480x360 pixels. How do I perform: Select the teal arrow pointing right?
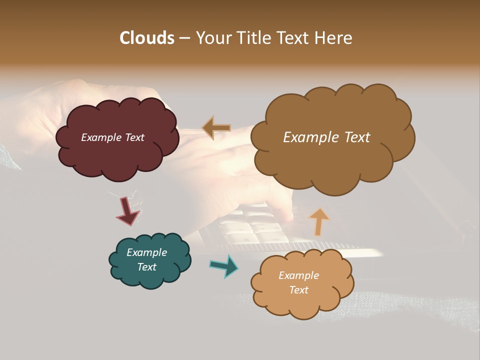pyautogui.click(x=224, y=266)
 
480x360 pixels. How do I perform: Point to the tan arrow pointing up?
pyautogui.click(x=319, y=221)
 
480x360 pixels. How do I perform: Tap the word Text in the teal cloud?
pyautogui.click(x=147, y=267)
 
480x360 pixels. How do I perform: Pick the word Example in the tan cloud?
pyautogui.click(x=298, y=275)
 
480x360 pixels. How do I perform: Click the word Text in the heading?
pyautogui.click(x=295, y=38)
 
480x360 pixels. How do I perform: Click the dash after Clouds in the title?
pyautogui.click(x=184, y=38)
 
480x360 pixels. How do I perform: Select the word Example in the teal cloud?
pyautogui.click(x=146, y=252)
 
